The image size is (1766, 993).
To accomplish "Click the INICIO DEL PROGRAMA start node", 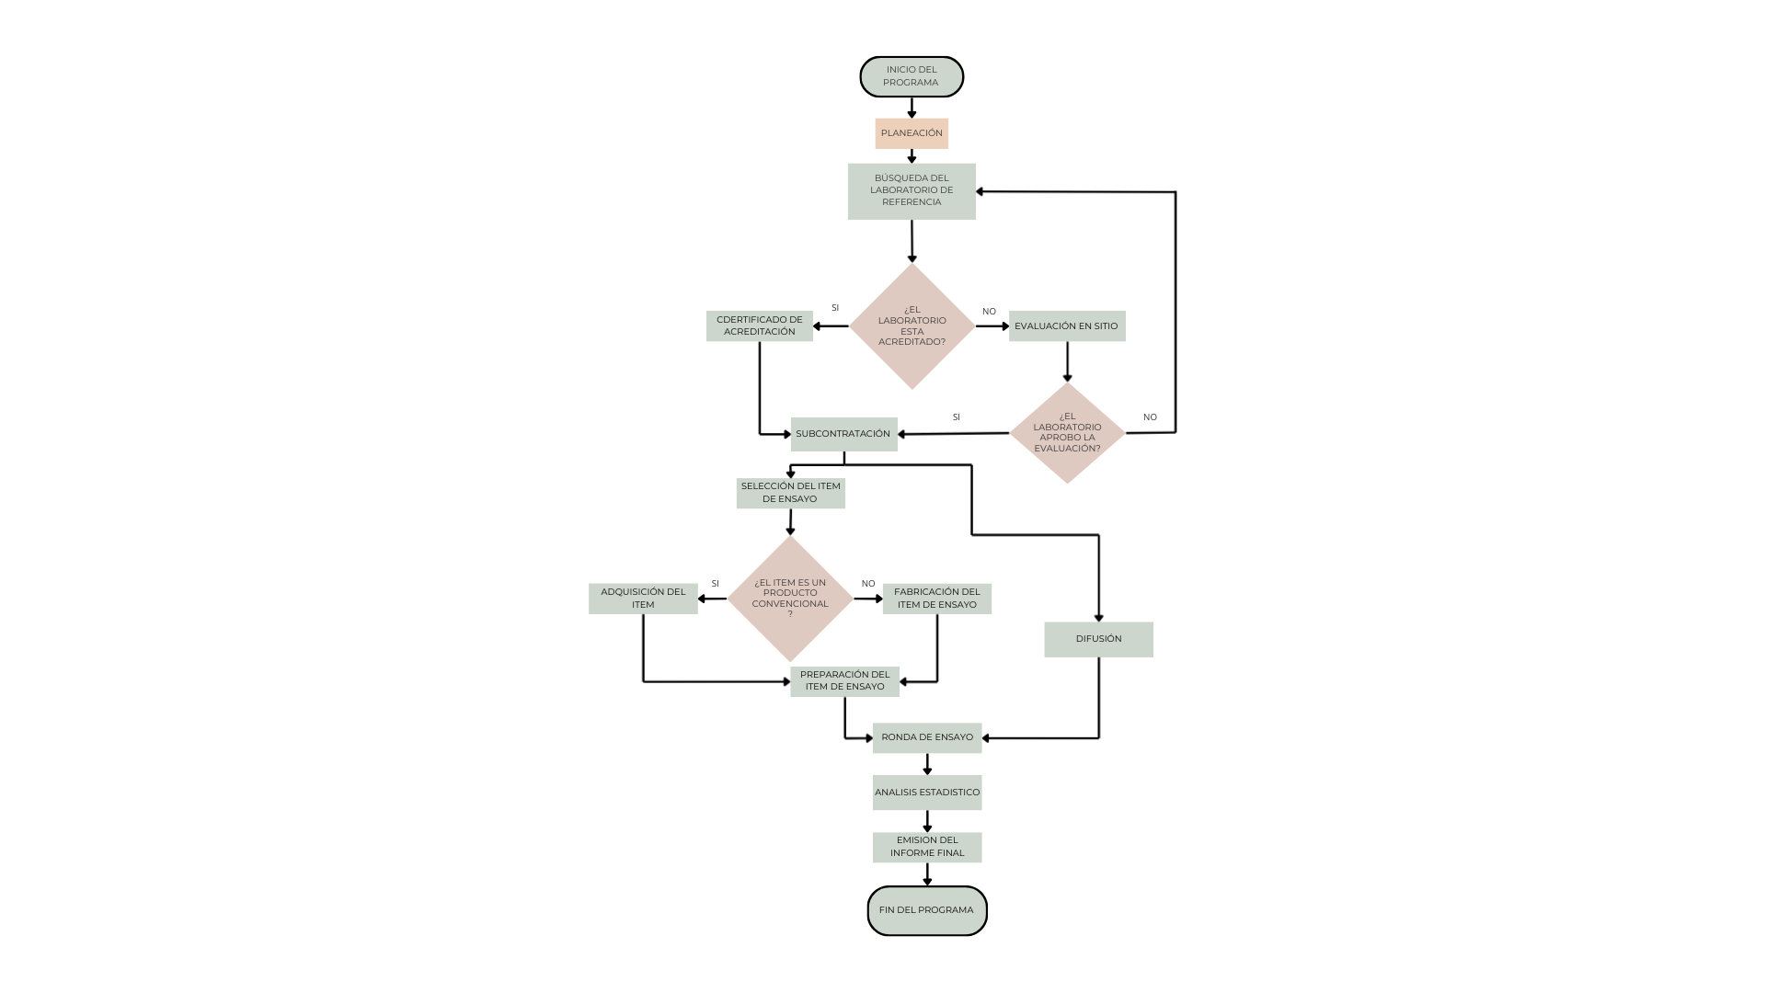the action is pos(912,76).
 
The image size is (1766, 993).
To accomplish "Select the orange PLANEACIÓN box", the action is pos(912,133).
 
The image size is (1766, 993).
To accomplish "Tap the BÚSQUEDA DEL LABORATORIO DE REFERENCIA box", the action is pos(912,191).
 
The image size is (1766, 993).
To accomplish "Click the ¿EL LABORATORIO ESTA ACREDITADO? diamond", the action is pos(912,326).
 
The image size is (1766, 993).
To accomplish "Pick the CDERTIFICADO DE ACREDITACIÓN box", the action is pos(760,326).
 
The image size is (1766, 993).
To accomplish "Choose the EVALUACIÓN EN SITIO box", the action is pos(1067,326).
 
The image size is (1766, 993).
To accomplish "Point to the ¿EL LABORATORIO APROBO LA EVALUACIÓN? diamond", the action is pos(1067,433).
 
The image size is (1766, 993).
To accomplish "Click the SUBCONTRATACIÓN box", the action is pos(844,434).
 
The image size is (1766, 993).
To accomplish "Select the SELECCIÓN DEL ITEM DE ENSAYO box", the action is pos(791,493).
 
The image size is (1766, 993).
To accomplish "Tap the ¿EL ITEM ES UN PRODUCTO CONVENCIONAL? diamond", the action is pos(790,599).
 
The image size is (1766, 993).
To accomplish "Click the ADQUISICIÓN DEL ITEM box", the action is pos(643,599).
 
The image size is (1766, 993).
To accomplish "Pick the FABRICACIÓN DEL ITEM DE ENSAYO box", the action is pos(937,599).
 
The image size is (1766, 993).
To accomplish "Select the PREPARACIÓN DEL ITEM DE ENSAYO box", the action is pos(844,681).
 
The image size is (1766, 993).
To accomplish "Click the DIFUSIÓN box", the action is pos(1098,639).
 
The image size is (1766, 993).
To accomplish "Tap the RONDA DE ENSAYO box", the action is pos(927,737).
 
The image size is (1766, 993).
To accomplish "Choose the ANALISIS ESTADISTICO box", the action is pos(927,793).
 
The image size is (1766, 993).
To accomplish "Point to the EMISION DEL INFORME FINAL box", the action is pos(927,847).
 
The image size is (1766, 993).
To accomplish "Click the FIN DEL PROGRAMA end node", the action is pos(927,910).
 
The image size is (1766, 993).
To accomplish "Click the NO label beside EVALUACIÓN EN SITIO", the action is pos(989,312).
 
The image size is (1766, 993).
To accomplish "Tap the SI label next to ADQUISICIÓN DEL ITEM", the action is pos(715,584).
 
